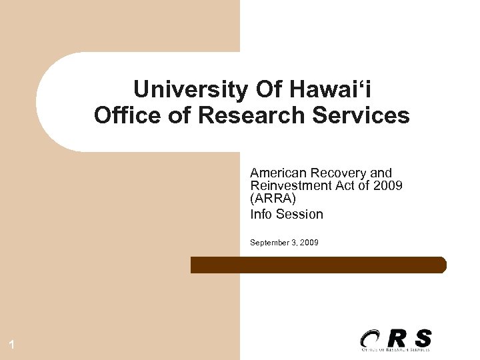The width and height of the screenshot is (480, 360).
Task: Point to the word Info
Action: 261,214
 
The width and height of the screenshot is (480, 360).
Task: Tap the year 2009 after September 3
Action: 309,243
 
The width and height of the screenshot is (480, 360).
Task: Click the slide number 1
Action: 12,345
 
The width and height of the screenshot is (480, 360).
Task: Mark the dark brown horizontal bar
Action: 318,265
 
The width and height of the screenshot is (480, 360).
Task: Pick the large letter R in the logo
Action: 397,337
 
